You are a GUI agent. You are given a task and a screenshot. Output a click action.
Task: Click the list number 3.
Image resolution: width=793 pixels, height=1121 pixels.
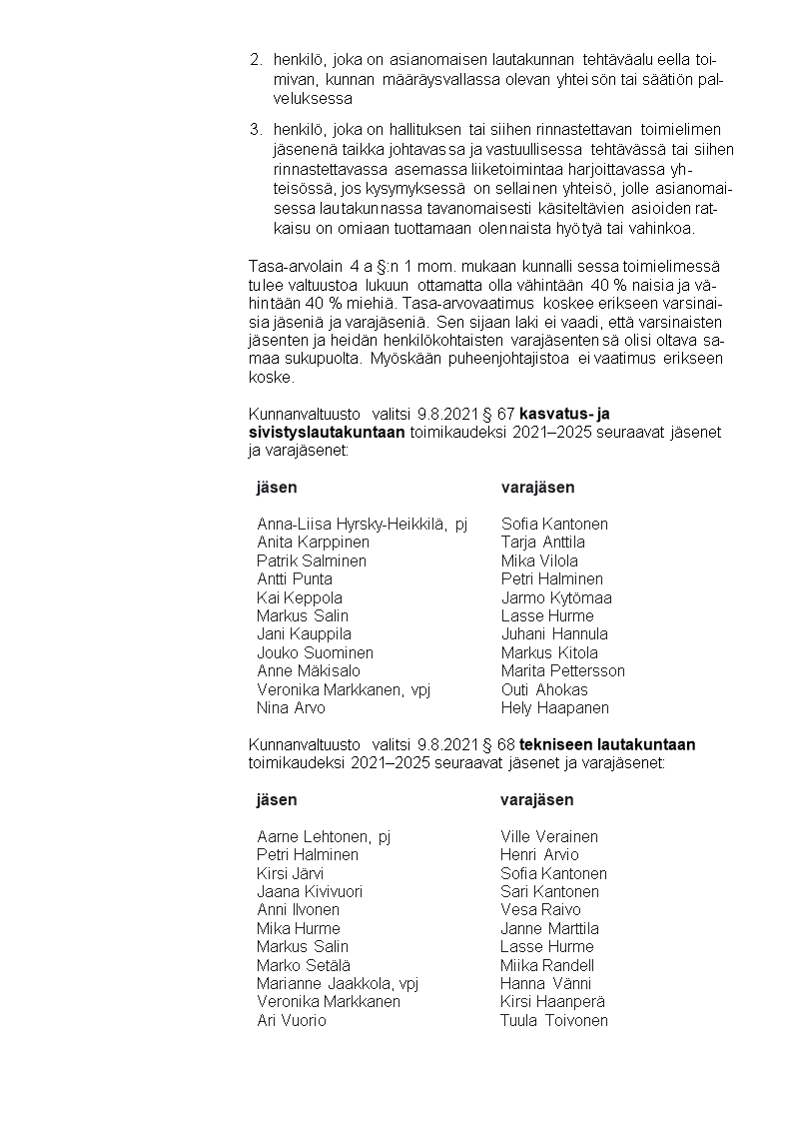tap(255, 129)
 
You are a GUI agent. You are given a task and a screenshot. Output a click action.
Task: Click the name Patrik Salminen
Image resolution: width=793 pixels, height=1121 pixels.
tap(312, 560)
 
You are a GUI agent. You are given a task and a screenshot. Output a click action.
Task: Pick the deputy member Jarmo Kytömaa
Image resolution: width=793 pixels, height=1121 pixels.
tap(556, 597)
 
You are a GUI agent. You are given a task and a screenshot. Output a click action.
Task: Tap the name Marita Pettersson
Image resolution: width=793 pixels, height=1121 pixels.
tap(562, 670)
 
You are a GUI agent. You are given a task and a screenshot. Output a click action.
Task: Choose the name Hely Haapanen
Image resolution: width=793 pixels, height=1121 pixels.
tap(554, 707)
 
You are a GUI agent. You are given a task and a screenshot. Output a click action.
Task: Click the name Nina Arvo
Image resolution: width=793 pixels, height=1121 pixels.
tap(291, 707)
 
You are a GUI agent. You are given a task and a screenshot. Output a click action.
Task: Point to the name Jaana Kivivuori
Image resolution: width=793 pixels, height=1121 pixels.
tap(310, 891)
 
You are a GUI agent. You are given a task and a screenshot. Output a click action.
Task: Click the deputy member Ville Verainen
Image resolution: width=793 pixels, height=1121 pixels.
tap(549, 836)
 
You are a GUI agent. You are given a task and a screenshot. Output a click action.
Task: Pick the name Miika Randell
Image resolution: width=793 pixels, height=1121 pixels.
tap(547, 965)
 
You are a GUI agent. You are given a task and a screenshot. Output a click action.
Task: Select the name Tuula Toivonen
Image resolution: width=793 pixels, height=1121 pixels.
tap(554, 1020)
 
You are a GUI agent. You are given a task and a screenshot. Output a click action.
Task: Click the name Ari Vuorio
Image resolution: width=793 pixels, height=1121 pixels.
tap(292, 1020)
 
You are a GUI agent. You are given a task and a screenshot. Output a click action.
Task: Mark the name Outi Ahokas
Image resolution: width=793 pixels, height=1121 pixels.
tap(544, 689)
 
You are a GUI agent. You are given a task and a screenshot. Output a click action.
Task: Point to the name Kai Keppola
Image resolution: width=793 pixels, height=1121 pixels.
tap(300, 597)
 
